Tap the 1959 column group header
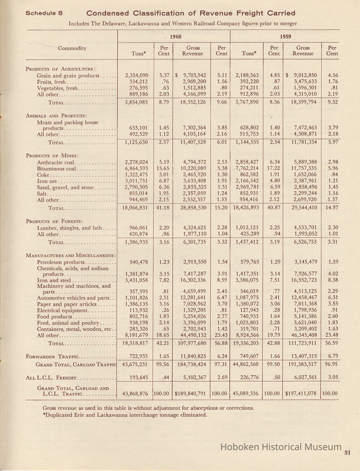pyautogui.click(x=285, y=36)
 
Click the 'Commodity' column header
pyautogui.click(x=72, y=48)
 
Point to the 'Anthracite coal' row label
pyautogui.click(x=55, y=162)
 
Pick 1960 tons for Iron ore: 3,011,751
pyautogui.click(x=136, y=181)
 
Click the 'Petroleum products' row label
pyautogui.click(x=61, y=262)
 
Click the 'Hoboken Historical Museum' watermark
pyautogui.click(x=281, y=447)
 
